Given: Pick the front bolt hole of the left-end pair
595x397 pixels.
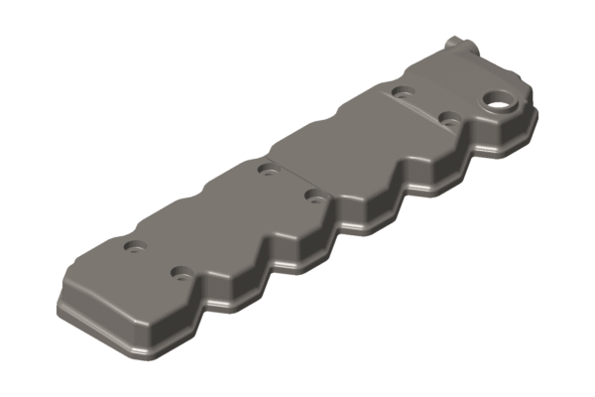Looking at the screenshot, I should point(180,270).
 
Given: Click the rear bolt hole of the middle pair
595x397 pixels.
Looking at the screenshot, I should point(267,168).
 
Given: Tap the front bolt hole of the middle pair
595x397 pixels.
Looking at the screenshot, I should point(315,195).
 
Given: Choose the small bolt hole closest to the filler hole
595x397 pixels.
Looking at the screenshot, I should point(449,119).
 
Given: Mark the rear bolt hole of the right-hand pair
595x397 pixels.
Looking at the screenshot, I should point(401,92).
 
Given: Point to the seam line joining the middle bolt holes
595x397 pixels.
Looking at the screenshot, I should point(291,181).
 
